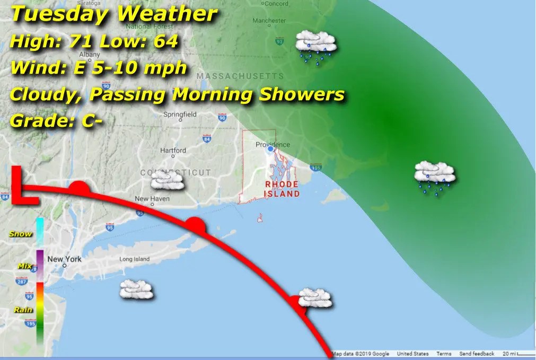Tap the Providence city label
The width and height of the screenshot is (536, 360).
273,144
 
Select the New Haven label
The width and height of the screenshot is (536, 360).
152,199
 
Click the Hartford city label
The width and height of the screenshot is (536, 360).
173,151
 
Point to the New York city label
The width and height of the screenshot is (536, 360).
65,259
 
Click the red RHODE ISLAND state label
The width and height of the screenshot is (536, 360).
282,189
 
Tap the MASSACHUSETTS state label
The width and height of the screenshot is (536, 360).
240,76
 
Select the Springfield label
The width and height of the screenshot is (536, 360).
180,114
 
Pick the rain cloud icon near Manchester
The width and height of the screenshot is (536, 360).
316,47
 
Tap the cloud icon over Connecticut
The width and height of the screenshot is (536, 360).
168,181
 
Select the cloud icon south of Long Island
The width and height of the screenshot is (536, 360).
136,289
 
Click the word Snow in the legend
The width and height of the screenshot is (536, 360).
21,234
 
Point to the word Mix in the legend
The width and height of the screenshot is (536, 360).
24,266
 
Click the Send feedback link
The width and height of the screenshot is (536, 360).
477,354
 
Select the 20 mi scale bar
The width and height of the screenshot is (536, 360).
517,354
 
